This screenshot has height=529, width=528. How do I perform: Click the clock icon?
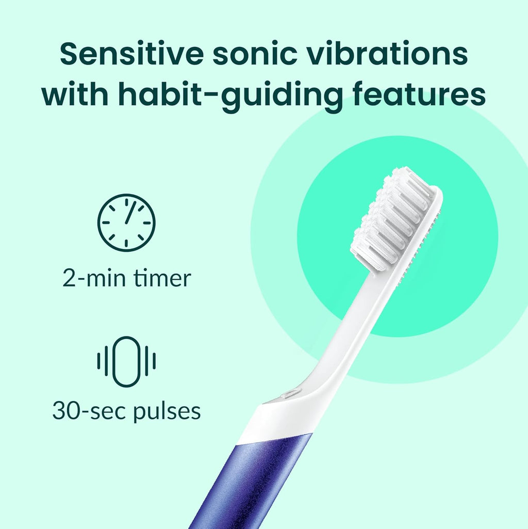126,223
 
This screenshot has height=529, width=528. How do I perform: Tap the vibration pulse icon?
126,361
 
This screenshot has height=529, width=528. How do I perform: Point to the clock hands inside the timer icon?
128,215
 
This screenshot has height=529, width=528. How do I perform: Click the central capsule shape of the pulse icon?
126,361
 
